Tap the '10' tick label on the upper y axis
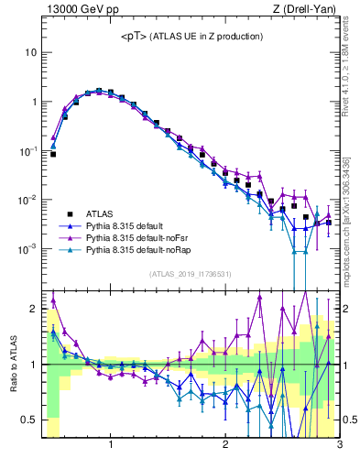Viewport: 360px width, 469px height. point(30,53)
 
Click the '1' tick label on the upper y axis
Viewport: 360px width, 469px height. point(33,103)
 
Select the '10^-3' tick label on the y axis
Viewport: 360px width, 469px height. point(27,248)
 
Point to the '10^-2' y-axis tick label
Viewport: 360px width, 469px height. point(27,200)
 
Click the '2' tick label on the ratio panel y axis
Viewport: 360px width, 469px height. point(33,309)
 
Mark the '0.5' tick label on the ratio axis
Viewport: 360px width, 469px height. point(29,420)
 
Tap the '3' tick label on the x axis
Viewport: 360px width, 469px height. point(339,446)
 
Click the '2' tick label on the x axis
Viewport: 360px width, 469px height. point(224,446)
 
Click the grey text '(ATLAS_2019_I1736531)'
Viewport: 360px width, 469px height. point(190,274)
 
